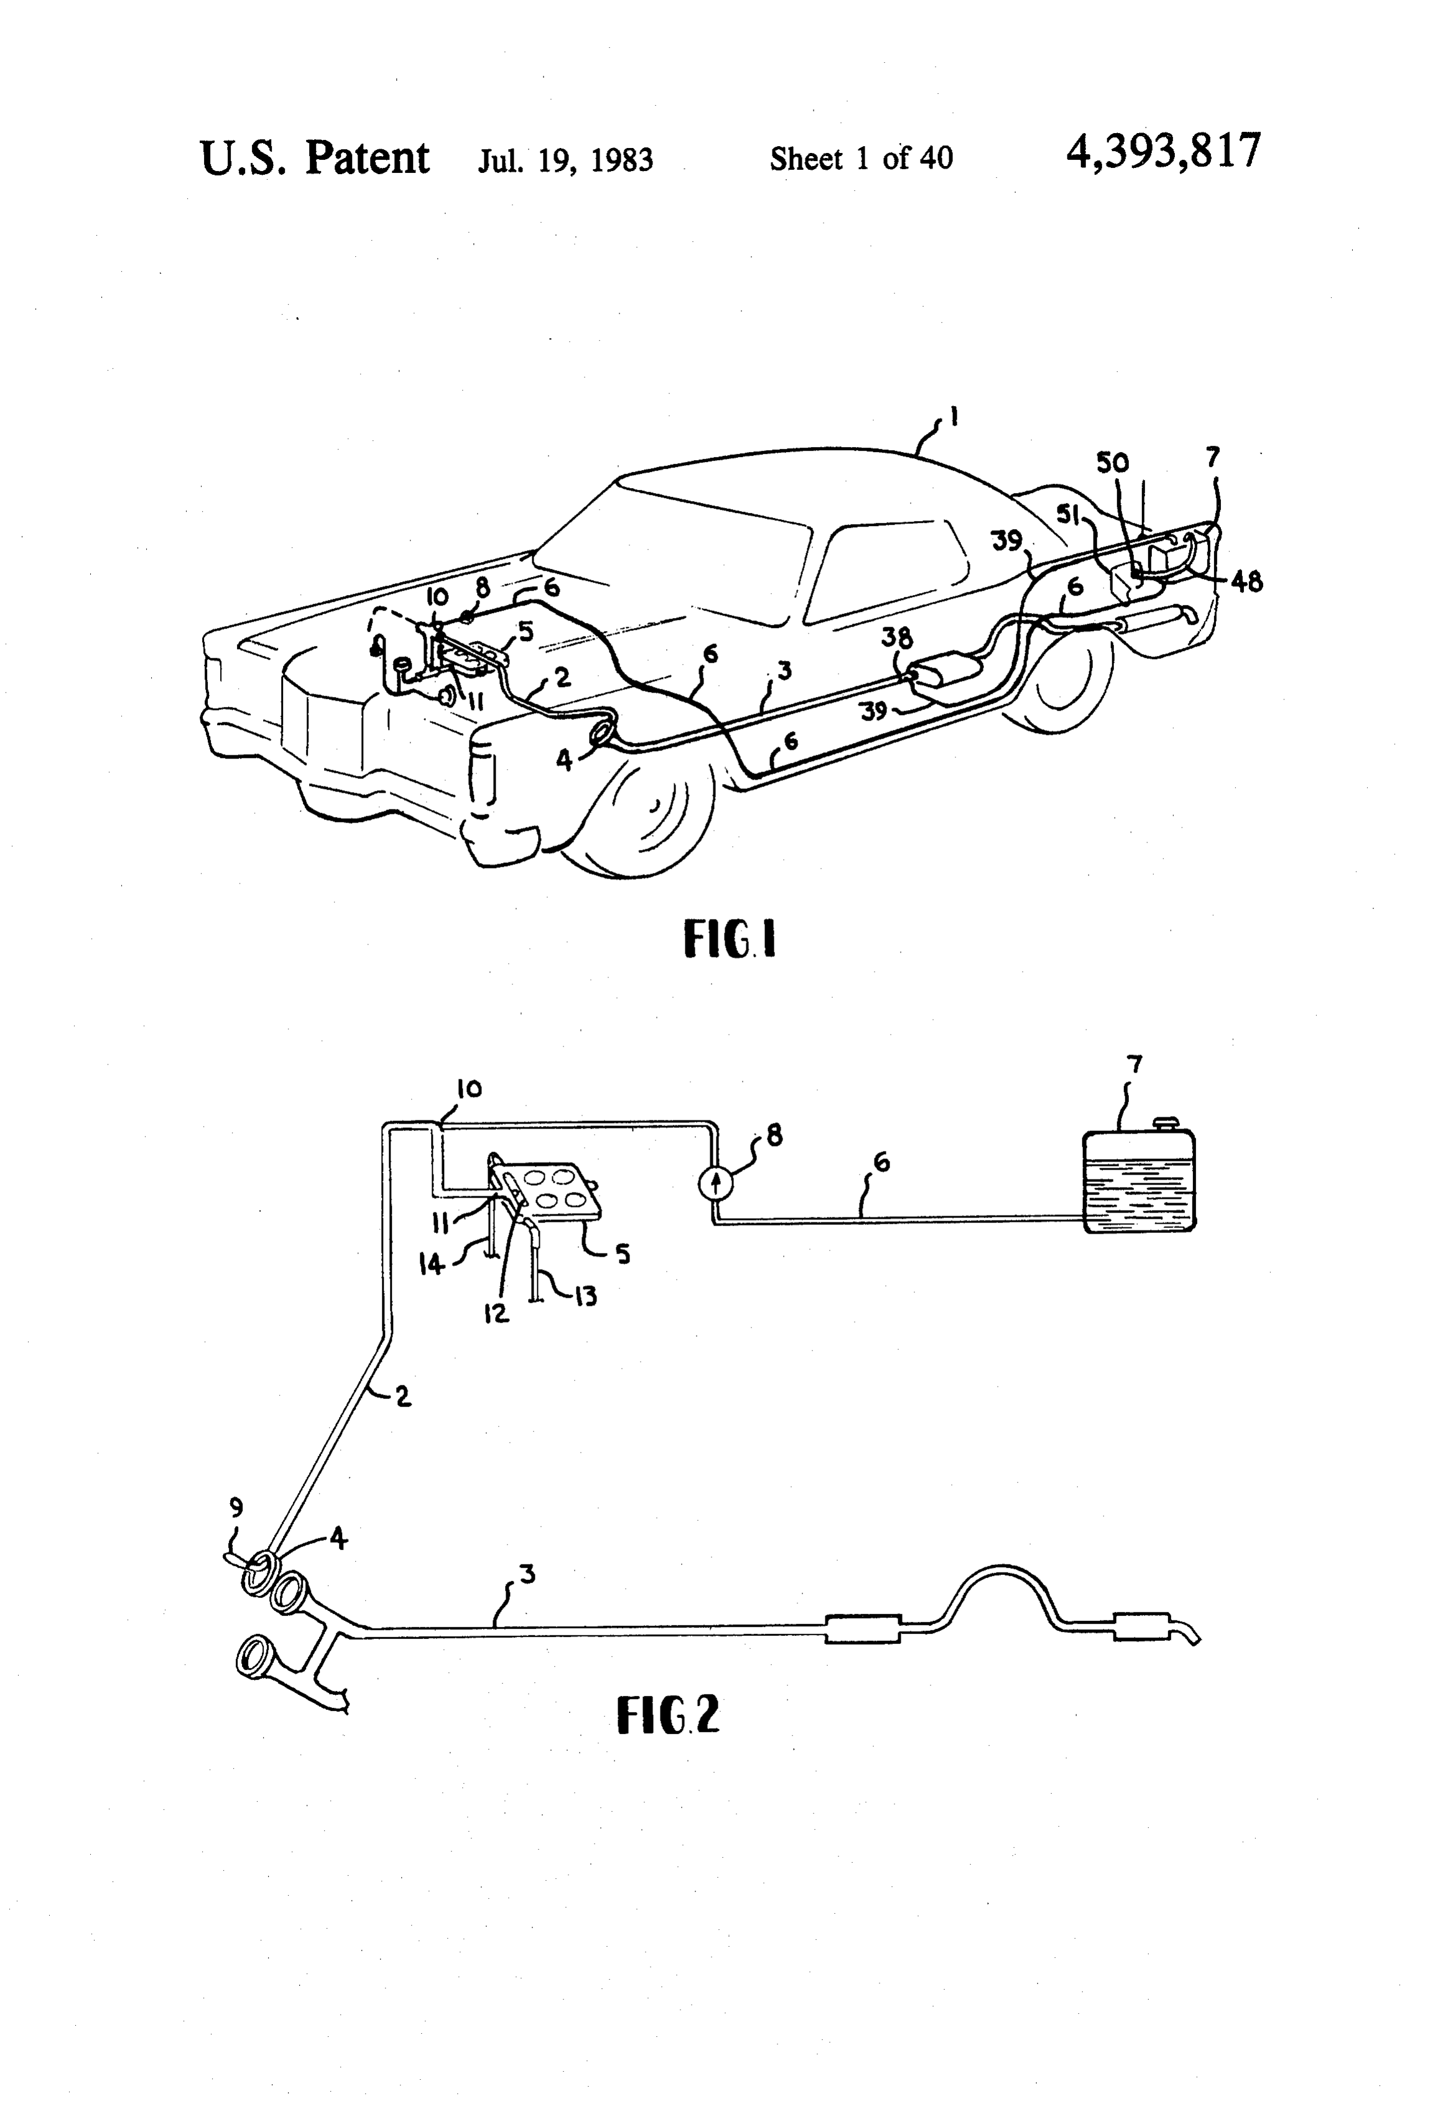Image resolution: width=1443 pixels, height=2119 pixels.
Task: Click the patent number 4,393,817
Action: tap(1163, 151)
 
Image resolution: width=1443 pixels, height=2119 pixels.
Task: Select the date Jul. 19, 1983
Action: tap(565, 160)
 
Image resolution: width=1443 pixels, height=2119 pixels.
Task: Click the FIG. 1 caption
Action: tap(730, 939)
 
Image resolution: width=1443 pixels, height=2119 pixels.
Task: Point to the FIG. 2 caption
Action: tap(669, 1714)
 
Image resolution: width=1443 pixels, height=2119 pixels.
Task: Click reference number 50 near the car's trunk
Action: tap(1112, 463)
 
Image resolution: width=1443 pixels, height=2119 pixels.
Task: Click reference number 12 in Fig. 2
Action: tap(497, 1314)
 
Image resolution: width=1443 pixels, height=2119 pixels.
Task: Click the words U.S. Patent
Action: tap(315, 159)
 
